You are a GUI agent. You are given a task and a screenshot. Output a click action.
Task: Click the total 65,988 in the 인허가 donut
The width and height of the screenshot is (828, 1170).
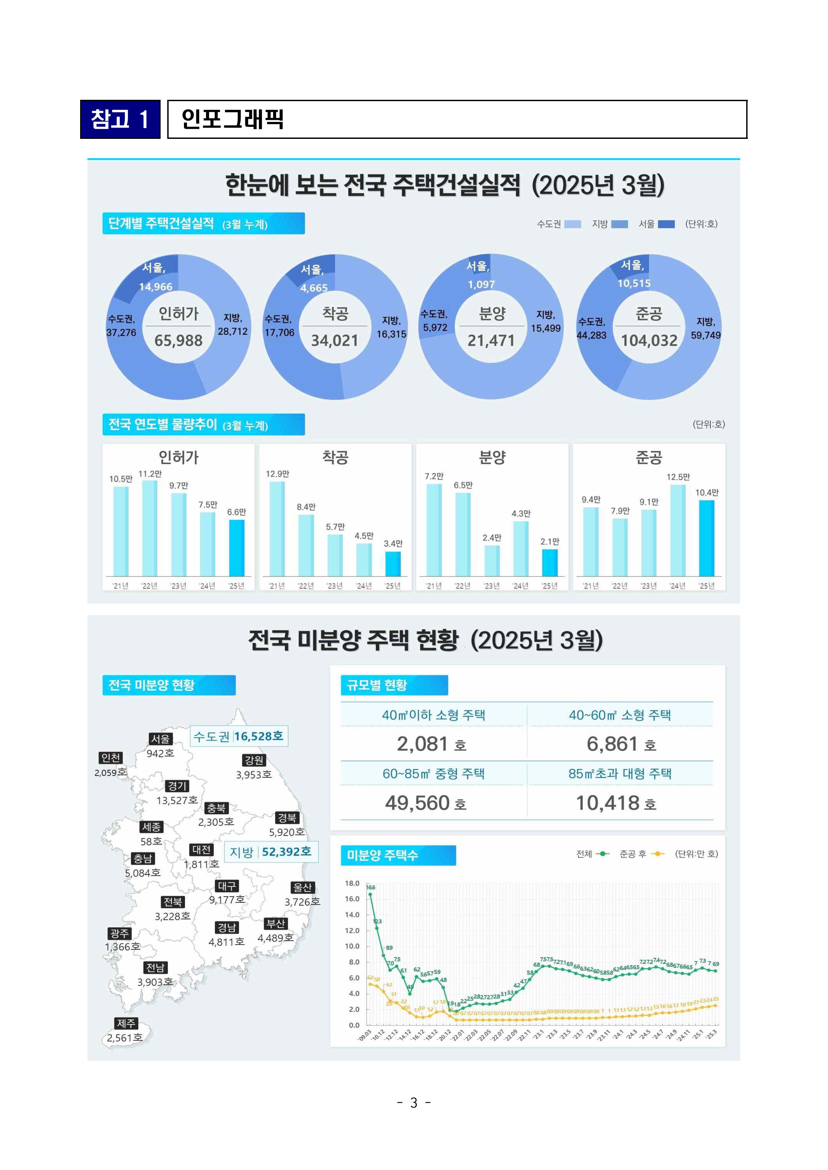pyautogui.click(x=178, y=340)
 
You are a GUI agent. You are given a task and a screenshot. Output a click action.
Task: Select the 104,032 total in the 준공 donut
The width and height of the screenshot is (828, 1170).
pyautogui.click(x=649, y=340)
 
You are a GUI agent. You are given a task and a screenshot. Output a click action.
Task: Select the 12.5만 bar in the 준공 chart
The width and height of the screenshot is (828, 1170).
pyautogui.click(x=678, y=530)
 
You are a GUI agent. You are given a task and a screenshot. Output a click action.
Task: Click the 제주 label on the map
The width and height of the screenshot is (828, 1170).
pyautogui.click(x=126, y=1023)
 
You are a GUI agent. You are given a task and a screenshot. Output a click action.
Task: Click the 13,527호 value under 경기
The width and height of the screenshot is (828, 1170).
pyautogui.click(x=177, y=800)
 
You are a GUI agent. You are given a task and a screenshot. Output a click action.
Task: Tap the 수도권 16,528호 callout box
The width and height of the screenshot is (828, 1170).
pyautogui.click(x=239, y=736)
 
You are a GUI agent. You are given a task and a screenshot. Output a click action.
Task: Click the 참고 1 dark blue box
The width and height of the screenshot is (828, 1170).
pyautogui.click(x=120, y=119)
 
